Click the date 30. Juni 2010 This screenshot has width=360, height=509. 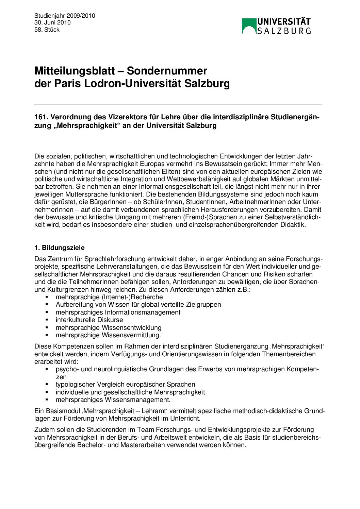(x=52, y=22)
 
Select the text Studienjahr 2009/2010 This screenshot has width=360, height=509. (x=65, y=16)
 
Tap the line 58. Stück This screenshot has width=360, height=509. (x=47, y=30)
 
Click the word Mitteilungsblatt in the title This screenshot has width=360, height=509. (x=75, y=71)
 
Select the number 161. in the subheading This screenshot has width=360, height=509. (x=41, y=117)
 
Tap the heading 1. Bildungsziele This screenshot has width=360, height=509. (x=60, y=248)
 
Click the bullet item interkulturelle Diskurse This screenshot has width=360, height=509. (x=89, y=320)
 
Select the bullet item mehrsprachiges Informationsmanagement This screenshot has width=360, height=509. (x=118, y=312)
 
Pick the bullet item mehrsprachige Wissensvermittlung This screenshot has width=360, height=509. (x=108, y=335)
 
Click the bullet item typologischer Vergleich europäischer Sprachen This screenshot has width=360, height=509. (x=126, y=384)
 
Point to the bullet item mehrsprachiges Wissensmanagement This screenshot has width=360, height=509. (x=113, y=400)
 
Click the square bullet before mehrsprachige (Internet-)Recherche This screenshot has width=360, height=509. (x=47, y=297)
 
